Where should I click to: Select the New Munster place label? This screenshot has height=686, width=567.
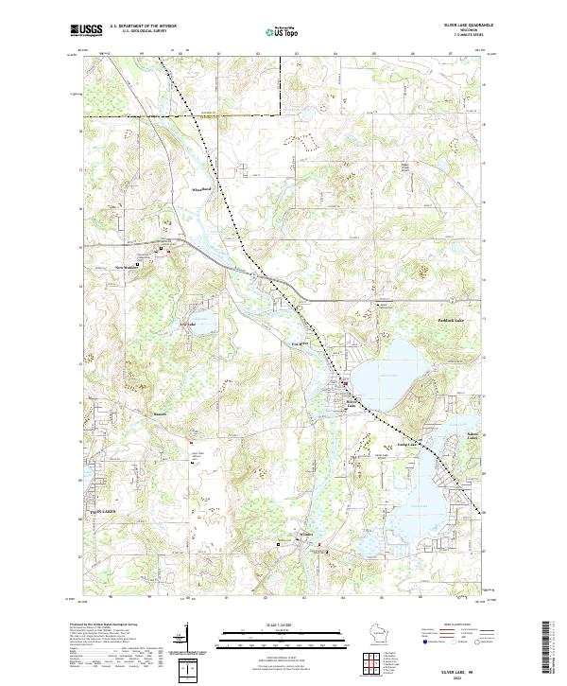coord(127,267)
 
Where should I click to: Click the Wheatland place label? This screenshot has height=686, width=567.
coord(201,190)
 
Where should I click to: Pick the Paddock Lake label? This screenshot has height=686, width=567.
coord(425,322)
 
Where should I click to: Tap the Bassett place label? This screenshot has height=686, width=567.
coord(160,413)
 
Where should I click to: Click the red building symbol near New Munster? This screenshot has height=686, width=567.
coord(168,251)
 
